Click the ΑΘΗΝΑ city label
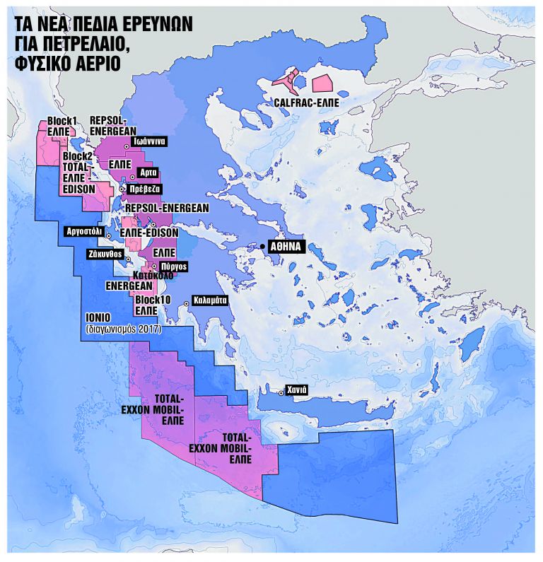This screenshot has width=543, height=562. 286,247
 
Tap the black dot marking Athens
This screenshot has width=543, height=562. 262,246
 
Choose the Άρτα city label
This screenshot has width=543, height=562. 148,172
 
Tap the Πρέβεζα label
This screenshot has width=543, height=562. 145,189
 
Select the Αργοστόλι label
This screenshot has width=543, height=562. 83,231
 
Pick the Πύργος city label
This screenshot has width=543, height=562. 173,267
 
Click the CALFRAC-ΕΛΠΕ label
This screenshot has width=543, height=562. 306,103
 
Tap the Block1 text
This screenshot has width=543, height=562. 62,121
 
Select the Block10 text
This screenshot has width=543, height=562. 151,300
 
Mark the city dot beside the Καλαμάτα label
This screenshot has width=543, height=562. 186,303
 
